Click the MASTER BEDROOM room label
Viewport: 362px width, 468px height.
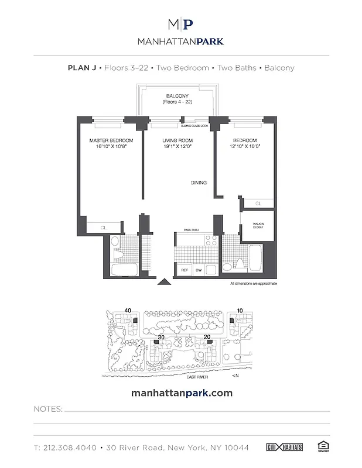pyautogui.click(x=111, y=141)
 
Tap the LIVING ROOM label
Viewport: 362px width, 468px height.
pyautogui.click(x=176, y=141)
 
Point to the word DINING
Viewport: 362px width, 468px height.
pyautogui.click(x=199, y=183)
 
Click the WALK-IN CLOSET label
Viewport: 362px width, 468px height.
pyautogui.click(x=258, y=225)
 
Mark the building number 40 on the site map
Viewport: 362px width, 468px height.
pyautogui.click(x=128, y=311)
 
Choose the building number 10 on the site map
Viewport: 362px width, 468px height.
pyautogui.click(x=240, y=311)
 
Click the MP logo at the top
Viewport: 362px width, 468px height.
pyautogui.click(x=180, y=24)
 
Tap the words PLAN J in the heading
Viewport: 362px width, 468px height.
pyautogui.click(x=84, y=68)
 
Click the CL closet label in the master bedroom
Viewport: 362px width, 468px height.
pyautogui.click(x=103, y=227)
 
